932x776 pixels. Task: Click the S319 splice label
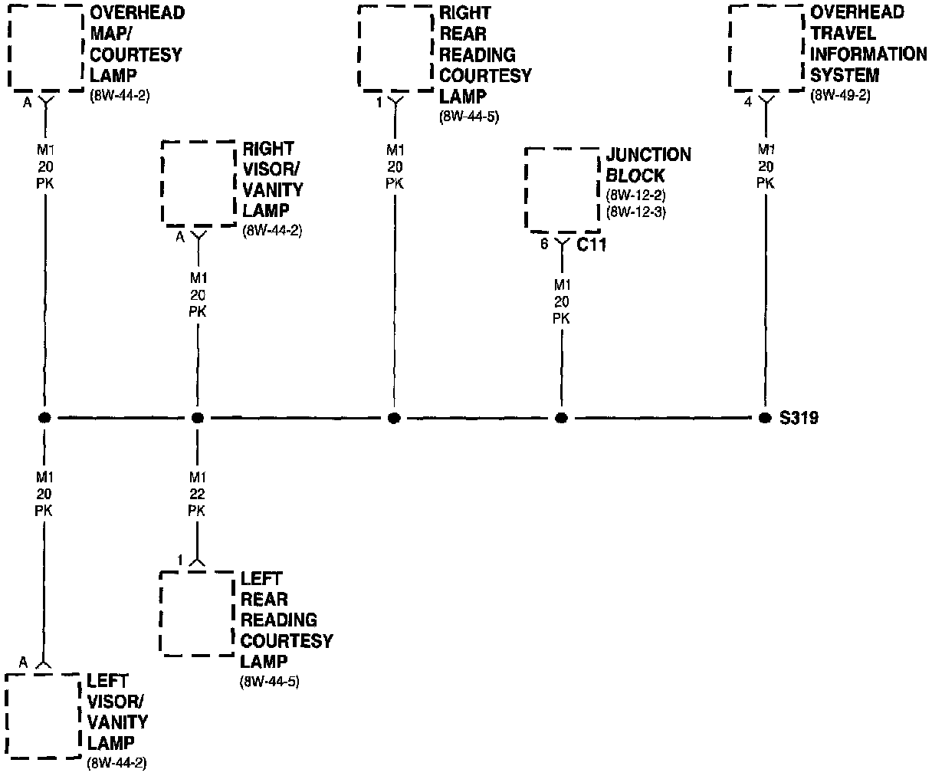click(799, 419)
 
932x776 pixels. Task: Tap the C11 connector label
click(591, 245)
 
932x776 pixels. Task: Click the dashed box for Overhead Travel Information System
click(766, 48)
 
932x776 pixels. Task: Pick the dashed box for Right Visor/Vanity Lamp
click(199, 183)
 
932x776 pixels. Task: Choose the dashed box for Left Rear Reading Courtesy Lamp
click(196, 613)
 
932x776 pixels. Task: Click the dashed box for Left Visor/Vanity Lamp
click(43, 716)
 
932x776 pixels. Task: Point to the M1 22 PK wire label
click(197, 494)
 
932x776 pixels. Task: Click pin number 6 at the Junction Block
click(544, 245)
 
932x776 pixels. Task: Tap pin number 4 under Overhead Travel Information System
click(748, 102)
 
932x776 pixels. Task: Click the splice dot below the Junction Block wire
click(562, 418)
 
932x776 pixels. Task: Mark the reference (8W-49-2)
click(840, 96)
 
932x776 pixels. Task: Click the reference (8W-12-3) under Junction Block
click(635, 212)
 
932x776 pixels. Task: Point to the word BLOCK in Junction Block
click(635, 176)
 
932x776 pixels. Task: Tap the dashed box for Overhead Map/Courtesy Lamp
click(46, 48)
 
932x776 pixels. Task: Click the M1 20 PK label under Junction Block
click(562, 301)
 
